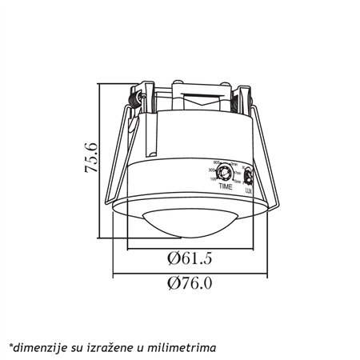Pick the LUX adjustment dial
point(248,175)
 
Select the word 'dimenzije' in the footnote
point(37,346)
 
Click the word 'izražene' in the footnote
point(115,346)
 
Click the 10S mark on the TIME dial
point(212,179)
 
